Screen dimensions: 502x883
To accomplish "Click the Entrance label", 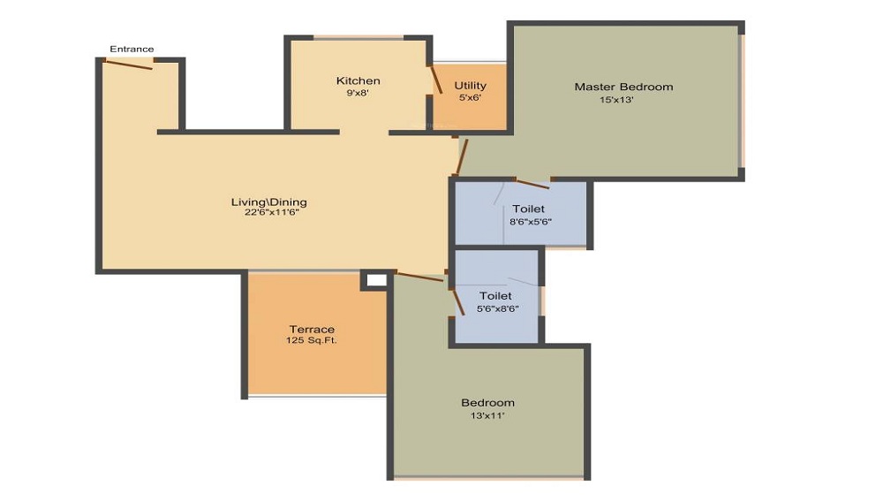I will pos(132,49).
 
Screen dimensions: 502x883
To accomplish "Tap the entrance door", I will pos(129,64).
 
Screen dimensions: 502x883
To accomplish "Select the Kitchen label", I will pos(358,81).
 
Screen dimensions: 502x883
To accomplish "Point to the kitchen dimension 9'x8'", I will pos(358,93).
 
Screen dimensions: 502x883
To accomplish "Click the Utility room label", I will pos(470,86).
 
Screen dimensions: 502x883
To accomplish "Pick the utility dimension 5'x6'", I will pos(470,97).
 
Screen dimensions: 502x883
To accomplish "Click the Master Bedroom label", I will pos(623,87).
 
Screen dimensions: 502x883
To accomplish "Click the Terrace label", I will pos(312,330).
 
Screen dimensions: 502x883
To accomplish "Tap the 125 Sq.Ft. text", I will pos(311,340).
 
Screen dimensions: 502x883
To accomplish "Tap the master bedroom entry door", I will pos(461,156).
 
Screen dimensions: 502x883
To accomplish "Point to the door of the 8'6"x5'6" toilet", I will pos(532,184).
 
